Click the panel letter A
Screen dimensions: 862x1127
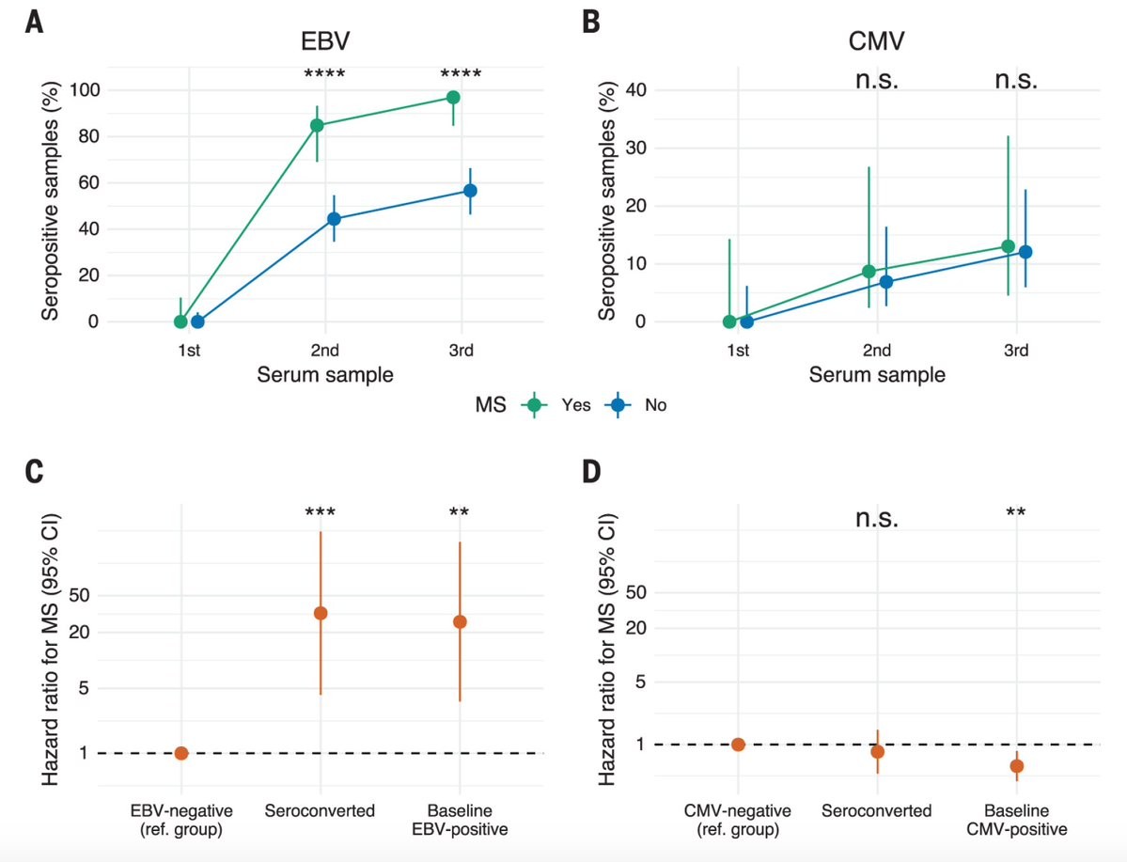(34, 22)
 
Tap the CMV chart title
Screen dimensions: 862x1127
(876, 42)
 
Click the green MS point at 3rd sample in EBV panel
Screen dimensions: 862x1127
(453, 97)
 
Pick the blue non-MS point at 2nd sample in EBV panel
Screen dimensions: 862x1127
(334, 219)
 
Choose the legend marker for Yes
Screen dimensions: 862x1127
(535, 405)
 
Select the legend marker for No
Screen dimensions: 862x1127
(618, 405)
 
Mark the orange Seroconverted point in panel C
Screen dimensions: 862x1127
(321, 613)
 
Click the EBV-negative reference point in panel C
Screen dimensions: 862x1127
(181, 753)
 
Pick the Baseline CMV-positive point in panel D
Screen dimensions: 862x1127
(1016, 766)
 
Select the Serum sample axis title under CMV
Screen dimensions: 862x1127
(876, 374)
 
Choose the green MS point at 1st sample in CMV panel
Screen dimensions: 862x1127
(729, 321)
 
